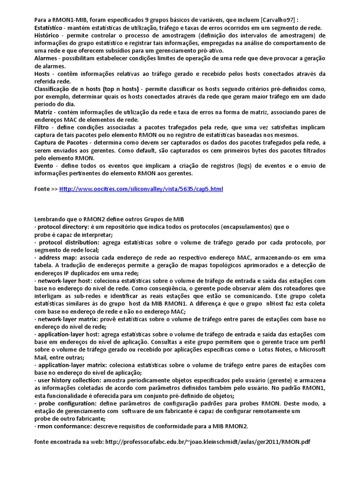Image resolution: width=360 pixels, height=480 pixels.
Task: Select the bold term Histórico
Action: coord(49,35)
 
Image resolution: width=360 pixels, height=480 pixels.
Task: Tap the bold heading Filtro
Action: coord(44,127)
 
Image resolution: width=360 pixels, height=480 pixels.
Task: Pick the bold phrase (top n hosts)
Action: coord(117,89)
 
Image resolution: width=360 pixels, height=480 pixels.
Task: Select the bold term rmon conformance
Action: coord(60,426)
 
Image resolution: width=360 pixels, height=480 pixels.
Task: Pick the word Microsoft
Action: coord(312,350)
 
